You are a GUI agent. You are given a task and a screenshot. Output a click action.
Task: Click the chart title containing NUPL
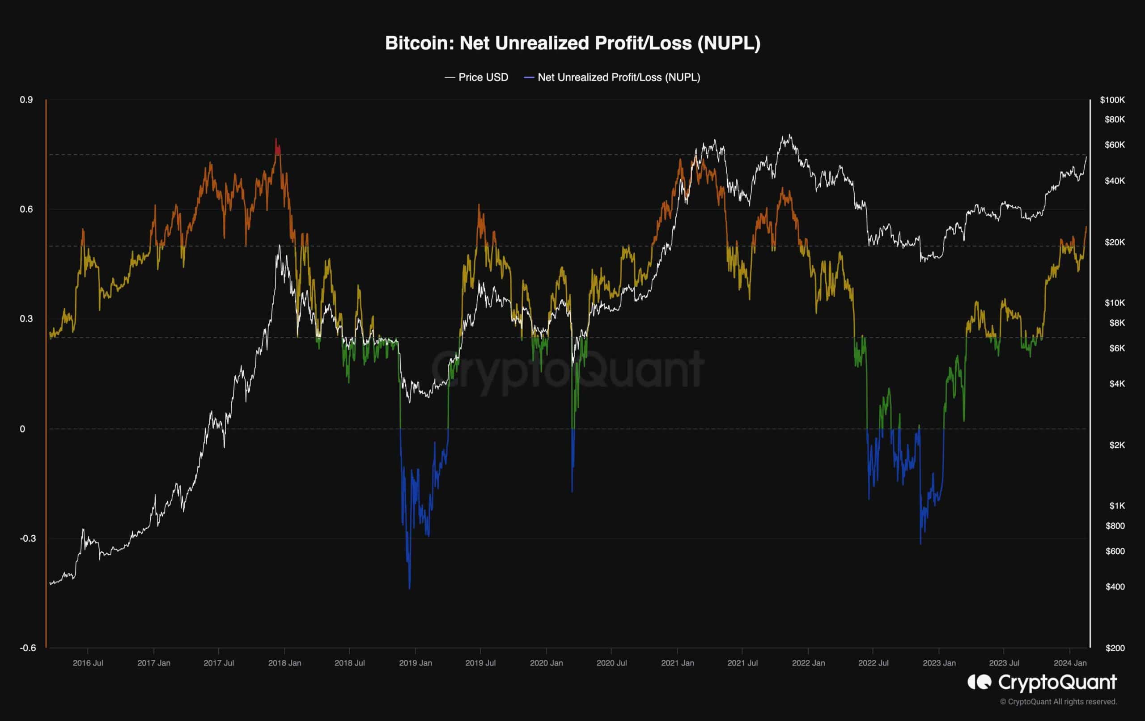[x=572, y=43]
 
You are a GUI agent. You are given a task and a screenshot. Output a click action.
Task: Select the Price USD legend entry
[x=476, y=77]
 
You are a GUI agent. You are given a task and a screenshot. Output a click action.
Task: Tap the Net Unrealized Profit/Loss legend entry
[x=612, y=77]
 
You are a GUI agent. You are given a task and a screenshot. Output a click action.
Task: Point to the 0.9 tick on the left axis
[x=26, y=100]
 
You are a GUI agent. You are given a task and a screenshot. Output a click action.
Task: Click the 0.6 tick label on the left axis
[x=26, y=209]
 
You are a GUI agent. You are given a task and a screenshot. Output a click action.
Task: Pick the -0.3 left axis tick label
[x=26, y=539]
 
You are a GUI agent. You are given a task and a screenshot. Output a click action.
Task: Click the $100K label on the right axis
[x=1112, y=100]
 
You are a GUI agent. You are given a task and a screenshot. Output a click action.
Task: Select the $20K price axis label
[x=1115, y=242]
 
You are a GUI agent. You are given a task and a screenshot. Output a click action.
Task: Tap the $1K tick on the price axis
[x=1117, y=505]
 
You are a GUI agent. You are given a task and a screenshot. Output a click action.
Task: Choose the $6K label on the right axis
[x=1117, y=348]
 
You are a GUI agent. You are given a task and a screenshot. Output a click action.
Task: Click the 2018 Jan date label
[x=284, y=663]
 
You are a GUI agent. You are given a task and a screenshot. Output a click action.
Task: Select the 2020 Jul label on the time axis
[x=611, y=663]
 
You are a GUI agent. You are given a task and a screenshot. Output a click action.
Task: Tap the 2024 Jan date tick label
[x=1070, y=663]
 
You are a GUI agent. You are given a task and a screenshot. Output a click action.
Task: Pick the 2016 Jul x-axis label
[x=88, y=663]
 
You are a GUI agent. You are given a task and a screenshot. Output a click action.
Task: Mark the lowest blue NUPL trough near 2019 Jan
[x=409, y=587]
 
